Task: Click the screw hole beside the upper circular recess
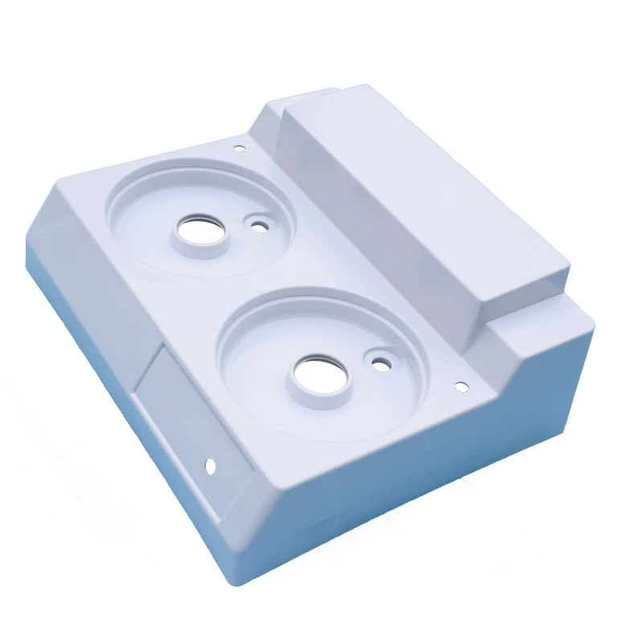[x=239, y=149]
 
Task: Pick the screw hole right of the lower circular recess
[x=461, y=387]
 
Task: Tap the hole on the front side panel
[x=211, y=465]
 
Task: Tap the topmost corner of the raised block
[x=366, y=85]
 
